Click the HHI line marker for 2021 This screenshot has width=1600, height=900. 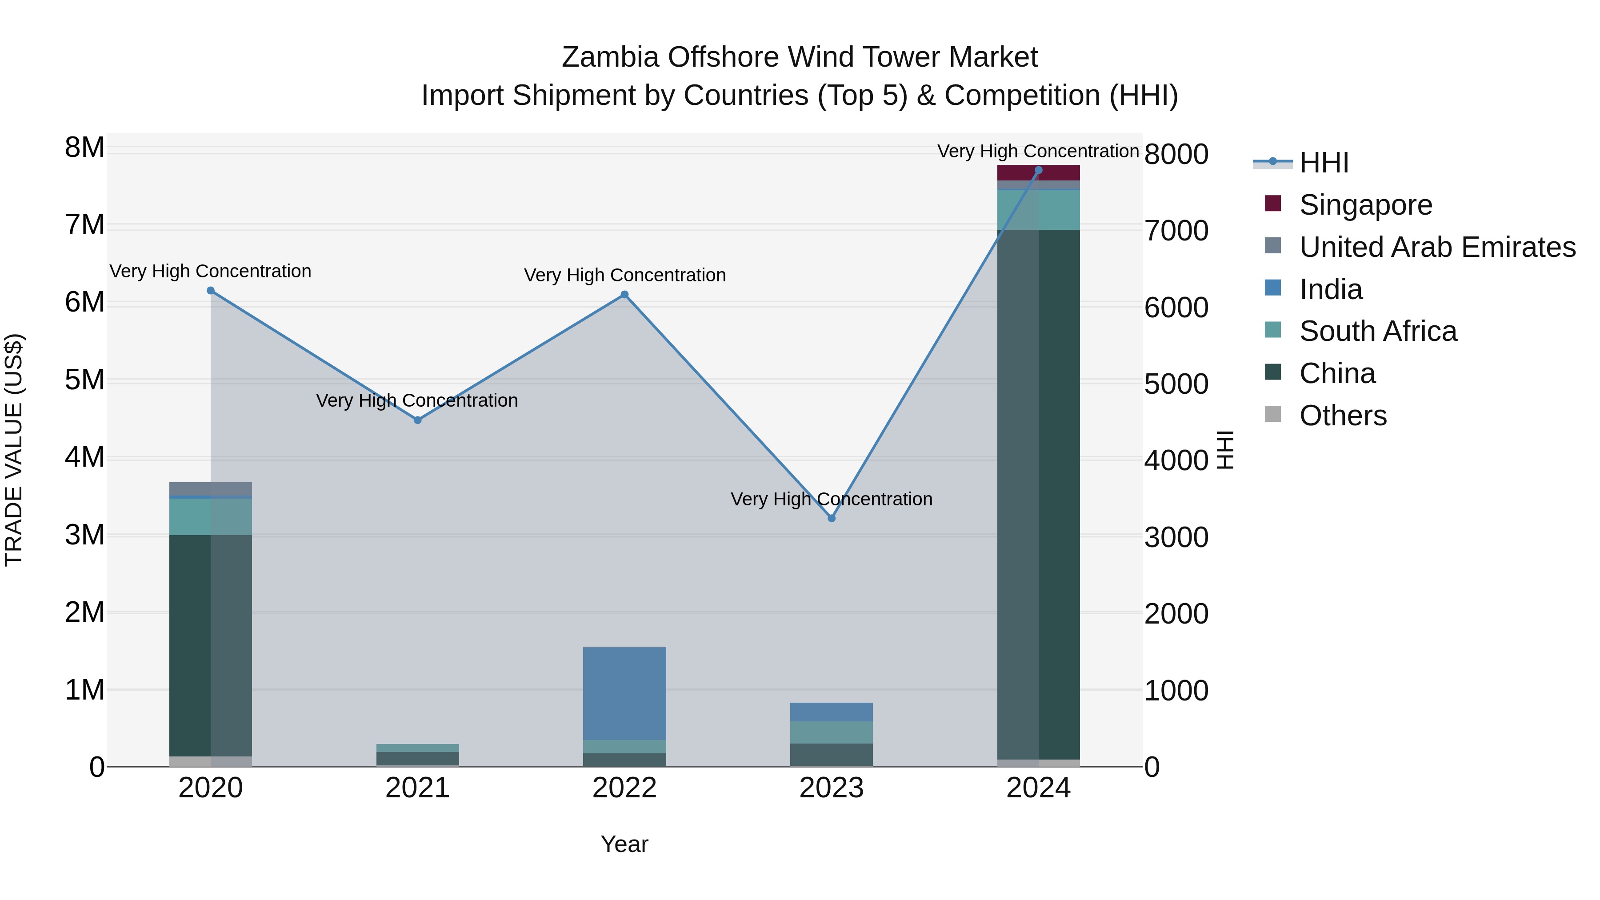pyautogui.click(x=417, y=420)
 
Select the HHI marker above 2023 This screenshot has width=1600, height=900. pyautogui.click(x=832, y=518)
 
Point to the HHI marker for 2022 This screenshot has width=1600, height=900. pyautogui.click(x=625, y=295)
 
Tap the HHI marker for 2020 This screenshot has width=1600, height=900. pyautogui.click(x=211, y=291)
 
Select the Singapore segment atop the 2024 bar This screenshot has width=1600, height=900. pyautogui.click(x=1039, y=173)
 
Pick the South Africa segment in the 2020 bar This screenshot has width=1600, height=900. pyautogui.click(x=211, y=516)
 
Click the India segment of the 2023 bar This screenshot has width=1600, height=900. pyautogui.click(x=832, y=712)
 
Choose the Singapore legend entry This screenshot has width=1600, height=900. pyautogui.click(x=1365, y=205)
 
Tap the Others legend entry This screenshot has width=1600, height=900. pyautogui.click(x=1343, y=416)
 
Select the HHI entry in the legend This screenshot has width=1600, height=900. pyautogui.click(x=1324, y=163)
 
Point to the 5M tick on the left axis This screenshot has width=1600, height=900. pyautogui.click(x=84, y=380)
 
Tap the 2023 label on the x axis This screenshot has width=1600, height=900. pyautogui.click(x=832, y=788)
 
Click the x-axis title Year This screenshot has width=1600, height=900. pyautogui.click(x=624, y=844)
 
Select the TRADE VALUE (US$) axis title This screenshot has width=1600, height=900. pyautogui.click(x=14, y=450)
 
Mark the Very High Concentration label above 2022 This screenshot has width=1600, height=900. pyautogui.click(x=625, y=275)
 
